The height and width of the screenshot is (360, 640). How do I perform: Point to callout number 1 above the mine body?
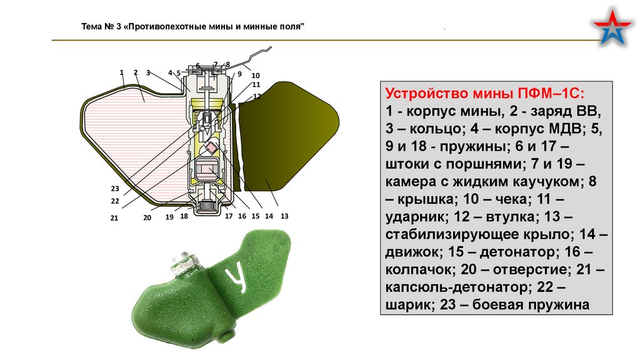click(122, 72)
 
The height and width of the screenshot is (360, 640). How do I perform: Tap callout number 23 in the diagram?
click(114, 188)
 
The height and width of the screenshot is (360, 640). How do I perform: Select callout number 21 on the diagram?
click(114, 217)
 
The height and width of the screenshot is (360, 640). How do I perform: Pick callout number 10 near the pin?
click(255, 76)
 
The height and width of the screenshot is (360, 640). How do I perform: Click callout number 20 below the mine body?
click(147, 217)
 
